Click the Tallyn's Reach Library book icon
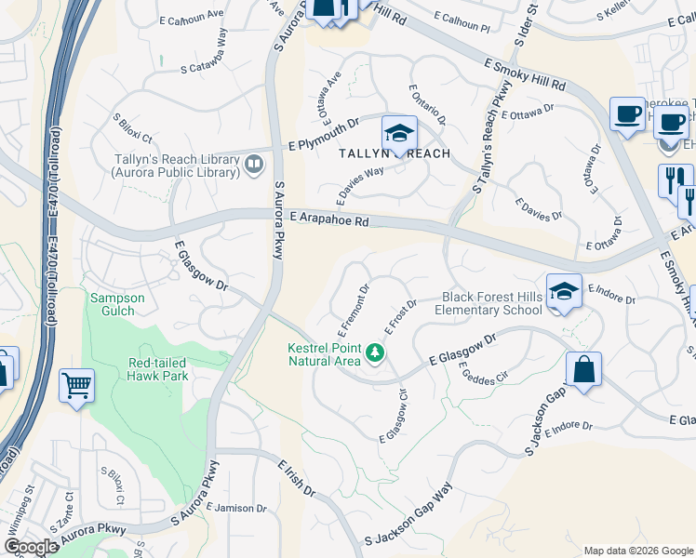[253, 165]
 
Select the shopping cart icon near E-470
[76, 384]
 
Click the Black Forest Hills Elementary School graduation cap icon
[563, 291]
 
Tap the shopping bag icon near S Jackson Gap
[583, 370]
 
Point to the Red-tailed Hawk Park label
[158, 369]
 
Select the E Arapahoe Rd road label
[329, 221]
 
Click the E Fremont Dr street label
[355, 309]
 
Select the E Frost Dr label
[399, 319]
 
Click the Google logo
[31, 547]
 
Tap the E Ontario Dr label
[428, 106]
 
